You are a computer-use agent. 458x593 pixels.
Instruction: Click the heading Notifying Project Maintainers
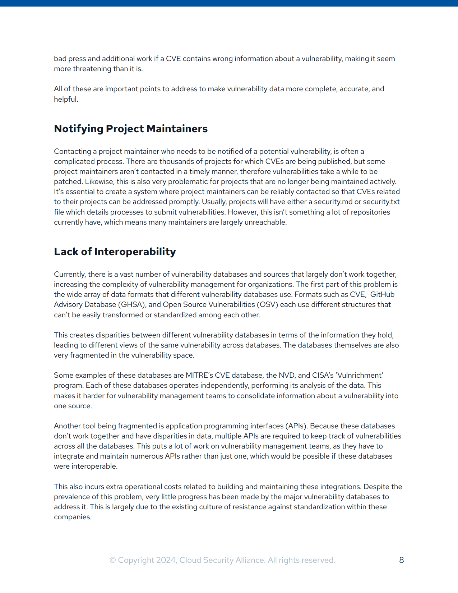click(131, 129)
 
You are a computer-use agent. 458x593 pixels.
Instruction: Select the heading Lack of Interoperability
click(115, 252)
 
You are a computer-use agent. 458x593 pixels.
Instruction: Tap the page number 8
click(402, 560)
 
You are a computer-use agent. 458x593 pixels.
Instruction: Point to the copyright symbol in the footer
click(113, 560)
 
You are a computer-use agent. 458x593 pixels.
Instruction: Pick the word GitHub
click(382, 294)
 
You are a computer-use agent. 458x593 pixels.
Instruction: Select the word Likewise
click(98, 181)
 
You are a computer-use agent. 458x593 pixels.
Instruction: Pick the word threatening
click(92, 69)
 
